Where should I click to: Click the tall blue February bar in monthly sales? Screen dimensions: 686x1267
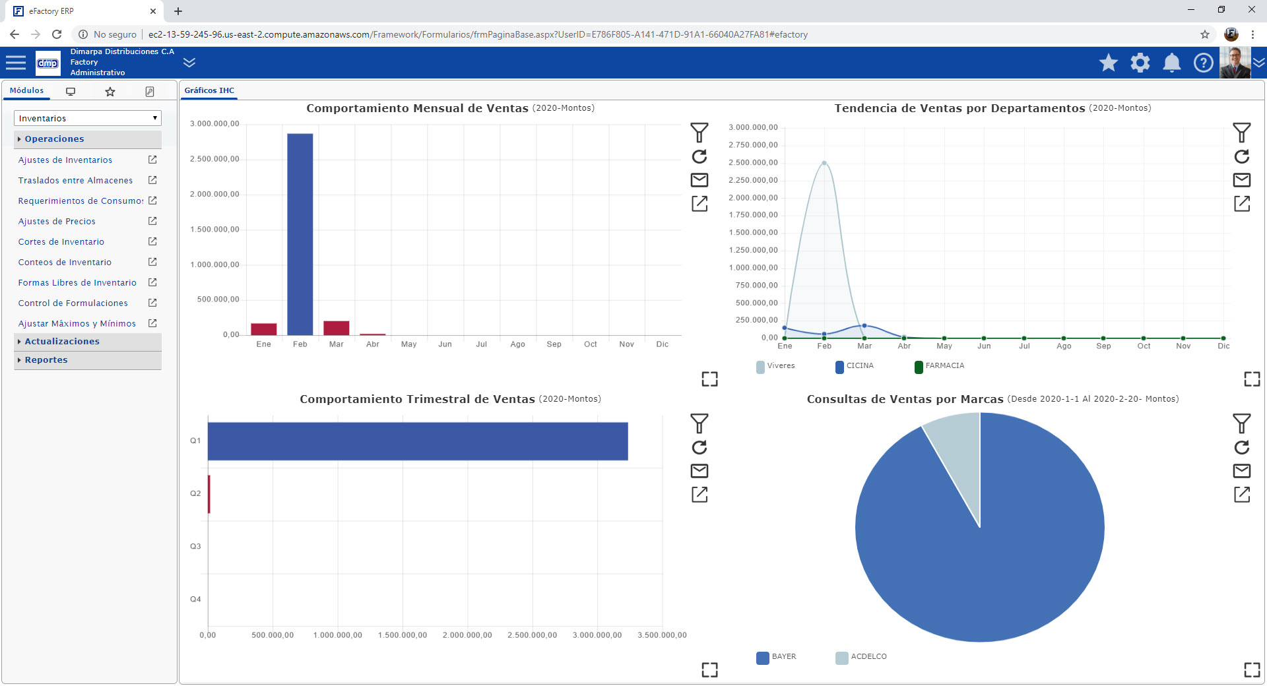pos(300,234)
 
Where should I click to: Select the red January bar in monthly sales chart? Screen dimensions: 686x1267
pos(263,329)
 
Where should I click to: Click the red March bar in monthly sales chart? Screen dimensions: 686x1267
pos(336,328)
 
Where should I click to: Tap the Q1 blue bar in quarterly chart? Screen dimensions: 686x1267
pos(417,441)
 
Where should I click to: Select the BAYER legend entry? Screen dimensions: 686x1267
pos(777,657)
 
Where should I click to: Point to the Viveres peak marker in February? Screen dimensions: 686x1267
pos(824,163)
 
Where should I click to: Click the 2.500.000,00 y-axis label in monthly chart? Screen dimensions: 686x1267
pos(214,159)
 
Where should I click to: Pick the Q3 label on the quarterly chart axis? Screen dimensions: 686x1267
pos(195,546)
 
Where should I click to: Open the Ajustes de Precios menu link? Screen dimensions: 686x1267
pos(57,222)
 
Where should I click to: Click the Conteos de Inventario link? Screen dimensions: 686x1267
pos(65,263)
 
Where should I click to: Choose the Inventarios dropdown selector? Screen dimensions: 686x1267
pos(87,118)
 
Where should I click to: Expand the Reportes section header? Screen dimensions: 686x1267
pos(46,360)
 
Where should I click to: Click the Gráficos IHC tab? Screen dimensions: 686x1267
pos(209,90)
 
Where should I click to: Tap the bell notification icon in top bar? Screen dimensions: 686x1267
pos(1171,63)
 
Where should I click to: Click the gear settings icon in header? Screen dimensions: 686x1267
pos(1140,63)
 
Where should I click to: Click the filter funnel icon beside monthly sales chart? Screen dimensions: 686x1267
pos(699,133)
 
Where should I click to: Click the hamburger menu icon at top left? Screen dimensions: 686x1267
pos(16,63)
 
